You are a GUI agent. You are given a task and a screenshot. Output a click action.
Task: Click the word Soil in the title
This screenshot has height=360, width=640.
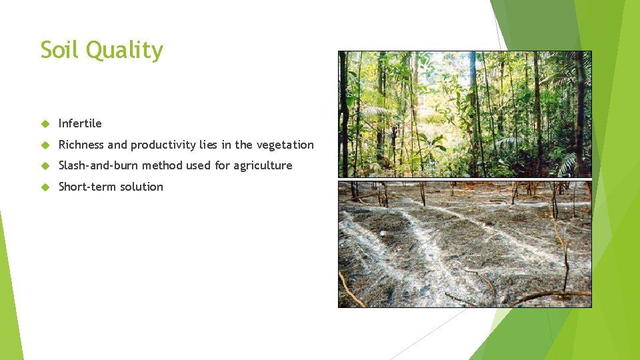click(x=58, y=50)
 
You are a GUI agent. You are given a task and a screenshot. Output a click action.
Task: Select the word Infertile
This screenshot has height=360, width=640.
click(x=80, y=123)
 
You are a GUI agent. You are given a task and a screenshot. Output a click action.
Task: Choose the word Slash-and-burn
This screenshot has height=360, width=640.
click(x=98, y=165)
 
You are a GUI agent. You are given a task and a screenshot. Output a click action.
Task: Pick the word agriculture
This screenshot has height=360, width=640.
click(x=263, y=166)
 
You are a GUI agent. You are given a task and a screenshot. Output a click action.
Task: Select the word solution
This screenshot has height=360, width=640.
click(x=141, y=187)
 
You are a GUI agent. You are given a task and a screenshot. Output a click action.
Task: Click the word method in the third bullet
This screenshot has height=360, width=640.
click(x=161, y=165)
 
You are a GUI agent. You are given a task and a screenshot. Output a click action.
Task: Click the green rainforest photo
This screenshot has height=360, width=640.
click(x=465, y=114)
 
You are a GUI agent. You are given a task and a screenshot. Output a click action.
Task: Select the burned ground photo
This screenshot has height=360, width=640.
click(x=465, y=243)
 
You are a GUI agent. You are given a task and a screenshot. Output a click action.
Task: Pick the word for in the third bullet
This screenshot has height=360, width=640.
click(x=222, y=165)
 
